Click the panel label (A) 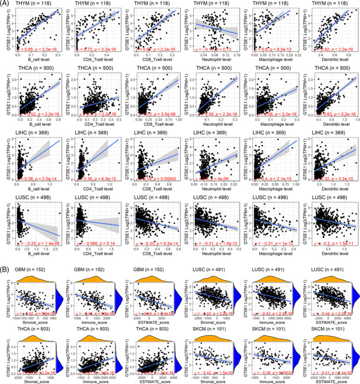click(7, 4)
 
